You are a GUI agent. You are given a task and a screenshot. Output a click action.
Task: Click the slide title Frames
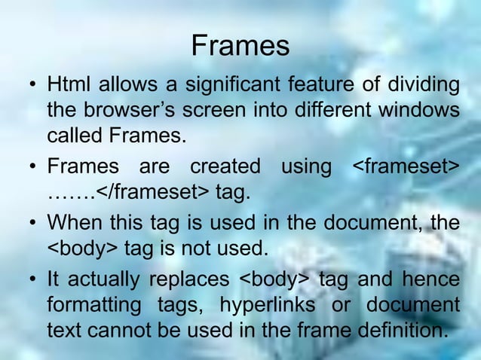(x=240, y=47)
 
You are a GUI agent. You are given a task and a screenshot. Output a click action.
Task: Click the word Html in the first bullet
(x=67, y=83)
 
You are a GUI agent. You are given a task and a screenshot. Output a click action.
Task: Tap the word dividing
(x=422, y=83)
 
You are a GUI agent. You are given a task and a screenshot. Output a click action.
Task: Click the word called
(x=75, y=138)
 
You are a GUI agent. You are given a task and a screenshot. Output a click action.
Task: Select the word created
(x=225, y=166)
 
